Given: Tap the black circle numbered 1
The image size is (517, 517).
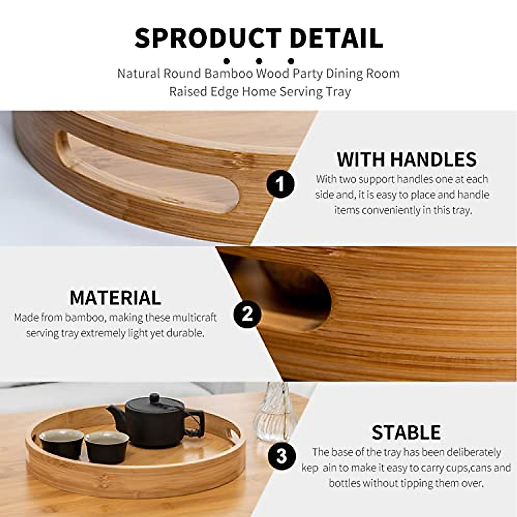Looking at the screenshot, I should coord(280,185).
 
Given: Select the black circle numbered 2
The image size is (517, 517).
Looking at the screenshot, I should coord(247,314).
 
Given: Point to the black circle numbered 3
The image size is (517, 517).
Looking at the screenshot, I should coord(281,455).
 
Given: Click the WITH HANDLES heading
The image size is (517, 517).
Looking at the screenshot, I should coord(406,159).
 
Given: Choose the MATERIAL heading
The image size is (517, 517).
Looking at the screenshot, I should coord(115,298).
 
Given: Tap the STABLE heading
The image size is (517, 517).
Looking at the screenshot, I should coord(406,432).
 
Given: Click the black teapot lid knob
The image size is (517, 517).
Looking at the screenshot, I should coord(154,398).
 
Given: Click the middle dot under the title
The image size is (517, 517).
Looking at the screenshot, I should coord(259,61).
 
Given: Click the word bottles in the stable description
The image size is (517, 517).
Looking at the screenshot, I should coord(344,483).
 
